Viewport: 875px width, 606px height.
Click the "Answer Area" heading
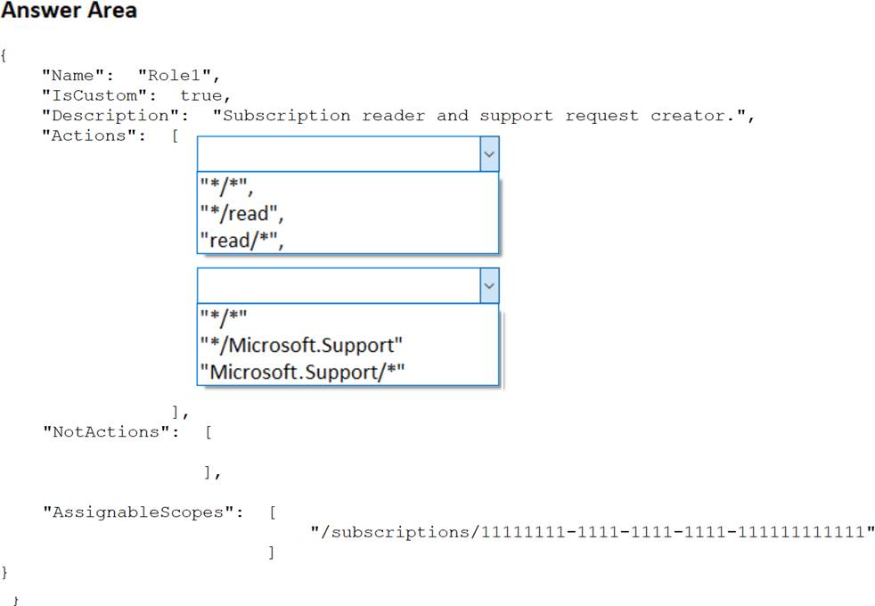(x=70, y=12)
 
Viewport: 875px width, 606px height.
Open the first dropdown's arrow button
(x=489, y=153)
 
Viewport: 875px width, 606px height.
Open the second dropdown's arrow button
(x=489, y=285)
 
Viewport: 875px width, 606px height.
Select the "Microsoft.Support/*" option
(x=302, y=371)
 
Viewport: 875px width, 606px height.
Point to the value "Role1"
(x=177, y=75)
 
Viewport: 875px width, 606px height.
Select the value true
(x=204, y=95)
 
